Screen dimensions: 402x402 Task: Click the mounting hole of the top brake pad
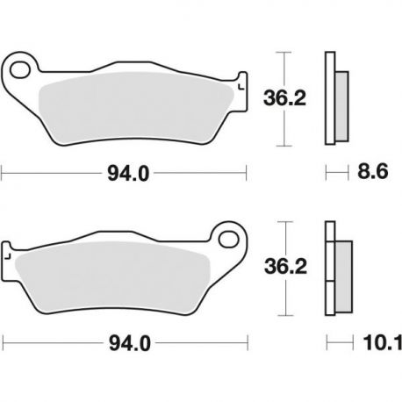coord(20,70)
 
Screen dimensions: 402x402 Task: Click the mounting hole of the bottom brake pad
coord(228,239)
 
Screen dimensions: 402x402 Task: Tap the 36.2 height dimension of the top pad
coord(284,98)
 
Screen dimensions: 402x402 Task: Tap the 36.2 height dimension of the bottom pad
coord(285,267)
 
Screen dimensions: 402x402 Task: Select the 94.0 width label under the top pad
coord(128,174)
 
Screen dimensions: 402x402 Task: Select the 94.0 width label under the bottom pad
coord(130,343)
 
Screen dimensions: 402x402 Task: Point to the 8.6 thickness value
coord(372,171)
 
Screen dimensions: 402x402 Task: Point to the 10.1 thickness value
coord(383,342)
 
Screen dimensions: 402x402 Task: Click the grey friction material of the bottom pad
coord(112,277)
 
